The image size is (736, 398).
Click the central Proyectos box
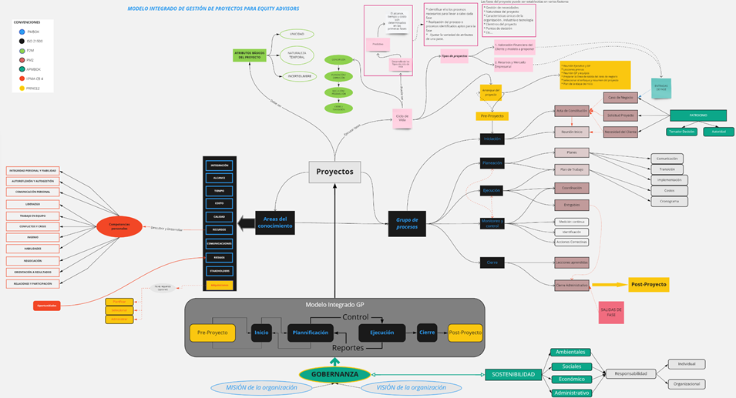tap(334, 172)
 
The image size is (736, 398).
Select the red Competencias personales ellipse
tap(119, 226)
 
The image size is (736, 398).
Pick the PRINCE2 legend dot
tap(22, 89)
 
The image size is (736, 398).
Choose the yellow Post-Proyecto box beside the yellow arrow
tap(648, 284)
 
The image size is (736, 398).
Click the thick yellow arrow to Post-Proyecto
tap(609, 285)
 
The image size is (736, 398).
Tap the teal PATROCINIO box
tap(697, 115)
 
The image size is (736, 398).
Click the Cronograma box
tap(669, 200)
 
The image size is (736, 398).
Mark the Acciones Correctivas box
tap(572, 242)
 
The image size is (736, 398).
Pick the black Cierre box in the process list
tap(492, 262)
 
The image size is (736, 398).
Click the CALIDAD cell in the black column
tap(220, 216)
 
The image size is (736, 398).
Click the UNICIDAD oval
tap(297, 35)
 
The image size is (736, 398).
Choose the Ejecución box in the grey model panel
tap(382, 333)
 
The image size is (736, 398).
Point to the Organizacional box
tap(687, 383)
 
